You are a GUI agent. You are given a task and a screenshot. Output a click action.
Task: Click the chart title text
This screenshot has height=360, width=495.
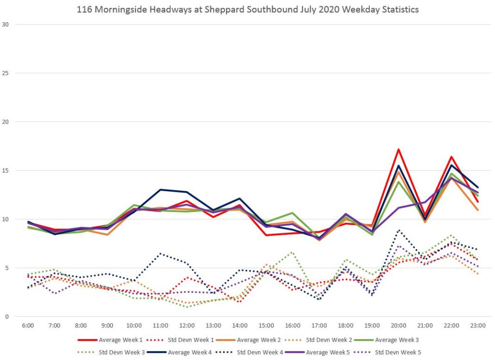(247, 9)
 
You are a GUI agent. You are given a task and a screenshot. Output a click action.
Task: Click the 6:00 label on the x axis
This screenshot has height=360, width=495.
(28, 326)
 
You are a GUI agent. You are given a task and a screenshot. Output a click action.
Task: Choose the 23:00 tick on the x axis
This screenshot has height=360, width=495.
(478, 326)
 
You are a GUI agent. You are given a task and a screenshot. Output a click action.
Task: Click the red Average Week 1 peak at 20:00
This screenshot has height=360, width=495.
(398, 150)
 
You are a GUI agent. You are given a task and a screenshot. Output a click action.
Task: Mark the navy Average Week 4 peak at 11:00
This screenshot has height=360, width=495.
(160, 190)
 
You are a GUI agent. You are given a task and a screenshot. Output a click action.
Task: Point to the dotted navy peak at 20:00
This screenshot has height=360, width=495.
(398, 230)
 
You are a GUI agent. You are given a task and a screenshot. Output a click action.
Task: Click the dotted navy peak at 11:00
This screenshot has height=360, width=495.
(160, 254)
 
